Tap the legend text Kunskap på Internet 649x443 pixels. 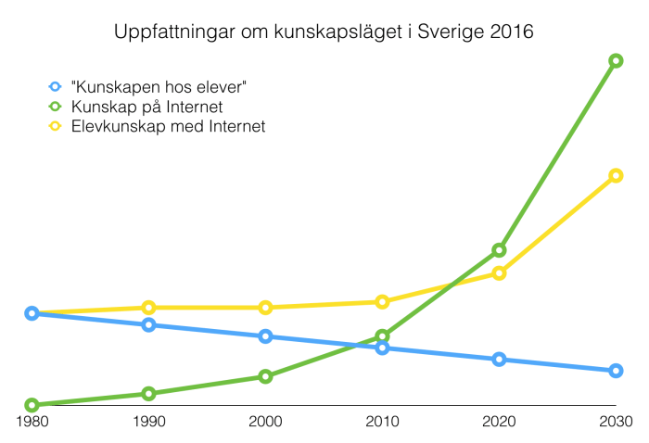pos(146,106)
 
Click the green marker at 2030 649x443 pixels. pos(616,61)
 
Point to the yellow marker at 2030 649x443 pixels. pos(616,175)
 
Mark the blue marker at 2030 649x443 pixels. pos(616,371)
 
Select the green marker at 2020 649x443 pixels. pos(499,250)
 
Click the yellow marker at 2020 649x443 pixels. pos(499,272)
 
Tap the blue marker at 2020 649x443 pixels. pos(499,359)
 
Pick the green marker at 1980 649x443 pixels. pos(32,405)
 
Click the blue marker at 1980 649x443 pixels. pos(32,313)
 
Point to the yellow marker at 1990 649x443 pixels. pos(148,307)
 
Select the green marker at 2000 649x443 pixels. pos(265,376)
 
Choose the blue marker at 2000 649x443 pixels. pos(265,336)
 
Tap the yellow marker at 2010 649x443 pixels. pos(382,301)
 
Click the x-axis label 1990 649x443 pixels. pos(148,422)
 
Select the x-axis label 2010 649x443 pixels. pos(382,422)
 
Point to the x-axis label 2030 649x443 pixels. pos(616,422)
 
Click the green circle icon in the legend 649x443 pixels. pos(55,106)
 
